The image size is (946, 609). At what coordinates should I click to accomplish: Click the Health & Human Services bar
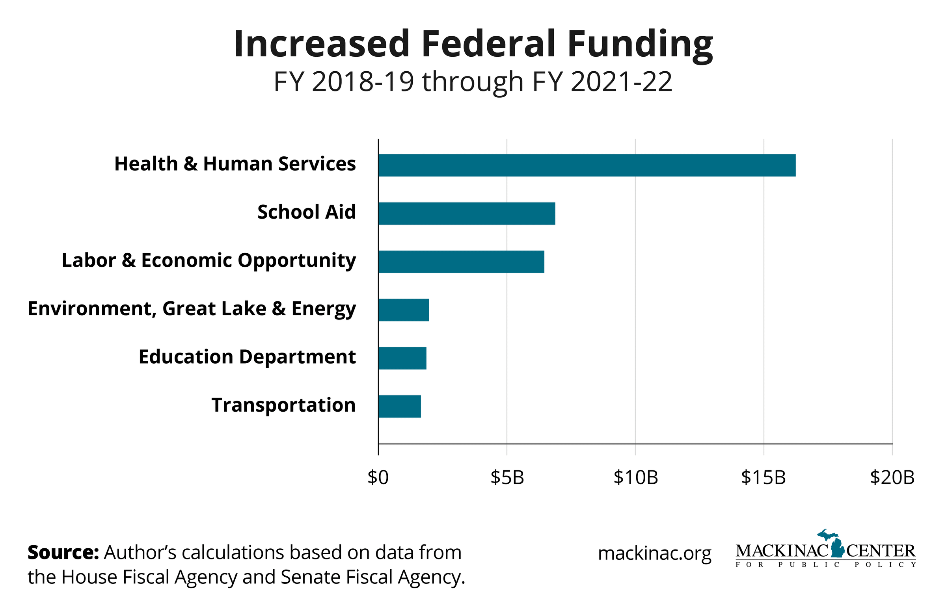tap(587, 165)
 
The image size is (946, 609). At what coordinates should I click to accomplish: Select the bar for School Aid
tap(466, 214)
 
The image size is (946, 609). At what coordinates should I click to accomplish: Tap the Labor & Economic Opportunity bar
tap(461, 262)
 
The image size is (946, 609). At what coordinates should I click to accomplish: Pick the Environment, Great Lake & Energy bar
tap(404, 310)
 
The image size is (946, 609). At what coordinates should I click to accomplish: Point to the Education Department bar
tap(402, 358)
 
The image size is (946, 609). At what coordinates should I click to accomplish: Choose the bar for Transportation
tap(399, 407)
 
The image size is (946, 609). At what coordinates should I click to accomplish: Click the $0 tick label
tap(378, 478)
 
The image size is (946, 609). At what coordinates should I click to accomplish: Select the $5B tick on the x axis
tap(507, 478)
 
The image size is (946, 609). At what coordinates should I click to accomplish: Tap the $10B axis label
tap(635, 478)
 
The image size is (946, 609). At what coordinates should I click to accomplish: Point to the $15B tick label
tap(763, 478)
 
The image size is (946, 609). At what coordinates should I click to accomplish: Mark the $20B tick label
tap(892, 478)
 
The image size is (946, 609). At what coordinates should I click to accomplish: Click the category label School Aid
tap(306, 212)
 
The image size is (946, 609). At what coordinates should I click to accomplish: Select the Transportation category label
tap(283, 405)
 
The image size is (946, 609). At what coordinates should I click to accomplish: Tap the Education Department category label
tap(247, 357)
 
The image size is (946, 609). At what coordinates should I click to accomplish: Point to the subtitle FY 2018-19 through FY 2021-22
tap(473, 82)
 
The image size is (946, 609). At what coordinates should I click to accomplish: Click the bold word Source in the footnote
tap(63, 552)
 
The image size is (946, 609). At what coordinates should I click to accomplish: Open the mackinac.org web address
tap(654, 553)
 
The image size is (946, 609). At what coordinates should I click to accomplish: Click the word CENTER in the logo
tap(881, 551)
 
